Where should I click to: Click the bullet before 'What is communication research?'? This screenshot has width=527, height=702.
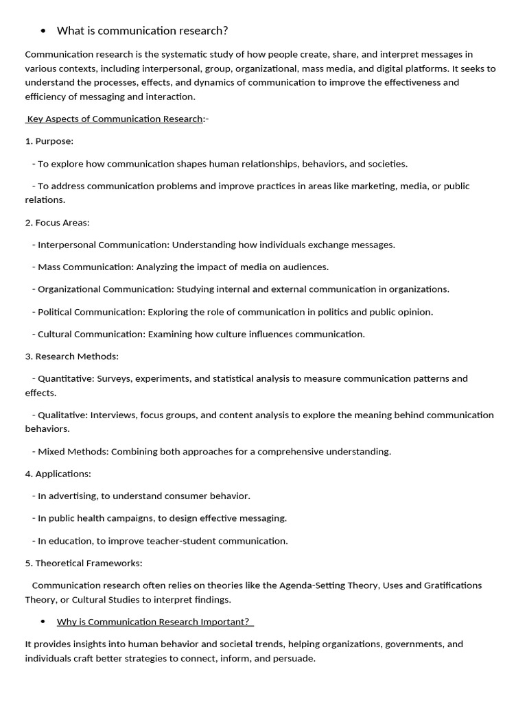(43, 31)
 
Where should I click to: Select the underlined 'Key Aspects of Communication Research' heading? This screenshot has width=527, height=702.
(115, 119)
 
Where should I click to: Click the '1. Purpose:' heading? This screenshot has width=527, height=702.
(49, 141)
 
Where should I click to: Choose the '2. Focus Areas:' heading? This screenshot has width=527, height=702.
(58, 223)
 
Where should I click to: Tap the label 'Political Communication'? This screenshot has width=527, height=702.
(91, 312)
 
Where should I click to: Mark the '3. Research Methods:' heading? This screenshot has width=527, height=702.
(72, 356)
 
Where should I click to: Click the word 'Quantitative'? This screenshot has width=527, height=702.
(65, 378)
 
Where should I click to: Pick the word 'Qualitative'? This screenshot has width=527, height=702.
(62, 415)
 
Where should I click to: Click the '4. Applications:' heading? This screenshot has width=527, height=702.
(58, 474)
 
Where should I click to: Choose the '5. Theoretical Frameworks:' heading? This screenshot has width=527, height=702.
(84, 563)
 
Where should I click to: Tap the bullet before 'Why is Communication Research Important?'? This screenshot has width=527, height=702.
(43, 622)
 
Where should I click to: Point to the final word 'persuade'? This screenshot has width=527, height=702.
(295, 659)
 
